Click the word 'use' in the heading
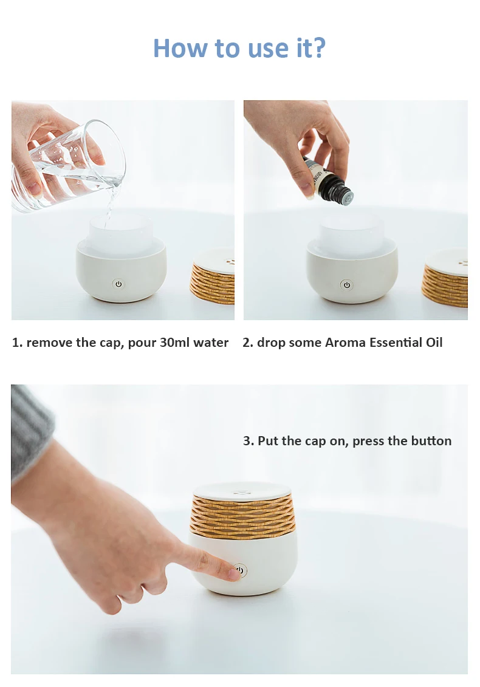pyautogui.click(x=267, y=50)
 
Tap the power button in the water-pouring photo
pyautogui.click(x=118, y=284)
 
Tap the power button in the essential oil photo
pyautogui.click(x=347, y=285)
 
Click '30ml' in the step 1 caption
pyautogui.click(x=174, y=342)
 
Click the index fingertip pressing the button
pyautogui.click(x=235, y=572)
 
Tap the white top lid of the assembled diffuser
pyautogui.click(x=242, y=491)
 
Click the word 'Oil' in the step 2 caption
pyautogui.click(x=434, y=342)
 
